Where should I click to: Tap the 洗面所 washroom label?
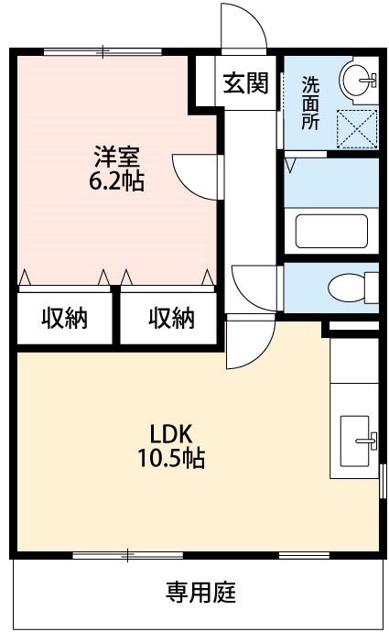[x=311, y=102]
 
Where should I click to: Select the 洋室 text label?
[x=114, y=157]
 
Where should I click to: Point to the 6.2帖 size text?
[x=114, y=180]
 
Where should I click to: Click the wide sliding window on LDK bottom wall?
[x=128, y=554]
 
